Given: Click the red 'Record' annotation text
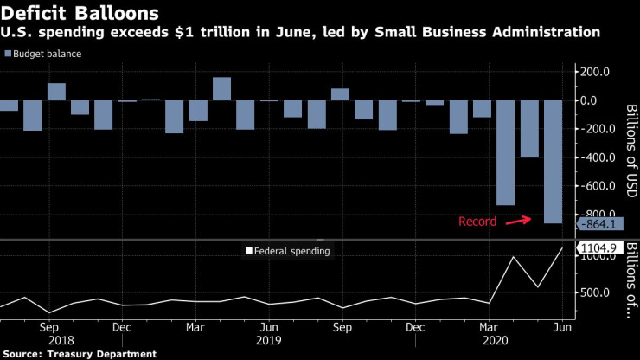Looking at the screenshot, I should pos(477,222).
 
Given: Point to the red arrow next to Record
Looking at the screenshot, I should pos(517,220).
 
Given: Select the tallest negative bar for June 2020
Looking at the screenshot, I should pos(552,162).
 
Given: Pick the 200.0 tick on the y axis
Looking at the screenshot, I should pos(593,72).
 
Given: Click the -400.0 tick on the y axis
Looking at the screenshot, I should pos(593,157).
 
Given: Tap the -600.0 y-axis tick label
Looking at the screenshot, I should pos(593,186).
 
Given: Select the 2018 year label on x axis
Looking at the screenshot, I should pos(48,341).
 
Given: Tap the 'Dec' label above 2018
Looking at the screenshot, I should pos(122,328).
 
